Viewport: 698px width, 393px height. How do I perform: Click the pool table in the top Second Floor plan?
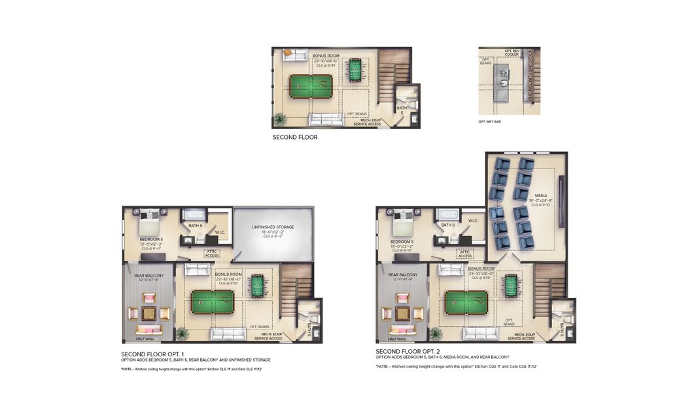pos(311,83)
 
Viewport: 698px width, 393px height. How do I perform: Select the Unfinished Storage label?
pos(273,227)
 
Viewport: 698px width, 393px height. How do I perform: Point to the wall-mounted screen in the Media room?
pos(561,201)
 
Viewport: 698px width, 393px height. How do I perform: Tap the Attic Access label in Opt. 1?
pos(211,253)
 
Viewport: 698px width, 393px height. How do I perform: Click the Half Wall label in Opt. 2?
pos(396,339)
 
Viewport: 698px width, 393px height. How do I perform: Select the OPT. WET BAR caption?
pos(489,122)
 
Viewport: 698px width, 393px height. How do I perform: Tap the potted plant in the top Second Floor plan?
pos(280,119)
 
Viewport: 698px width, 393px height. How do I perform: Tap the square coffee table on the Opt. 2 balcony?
pos(401,312)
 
